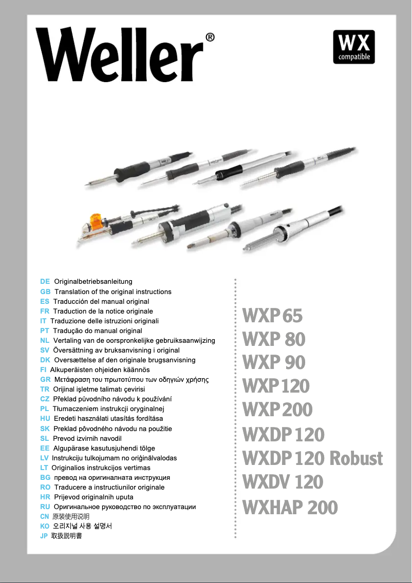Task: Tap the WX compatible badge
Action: coord(354,47)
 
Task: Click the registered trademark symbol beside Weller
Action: coord(210,37)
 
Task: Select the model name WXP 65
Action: coord(272,316)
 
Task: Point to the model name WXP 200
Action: coord(277,410)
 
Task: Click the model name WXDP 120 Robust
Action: coord(312,458)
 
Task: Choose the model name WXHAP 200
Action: coord(290,508)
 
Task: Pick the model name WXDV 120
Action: coord(283,482)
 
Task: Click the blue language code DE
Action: coord(45,282)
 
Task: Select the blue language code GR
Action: coord(45,380)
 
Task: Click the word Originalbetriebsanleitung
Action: coord(93,282)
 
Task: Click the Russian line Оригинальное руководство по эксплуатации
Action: coord(125,507)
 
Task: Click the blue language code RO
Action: coord(45,487)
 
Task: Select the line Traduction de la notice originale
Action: coord(103,311)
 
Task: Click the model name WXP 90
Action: coord(274,362)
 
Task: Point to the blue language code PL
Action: coord(44,409)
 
